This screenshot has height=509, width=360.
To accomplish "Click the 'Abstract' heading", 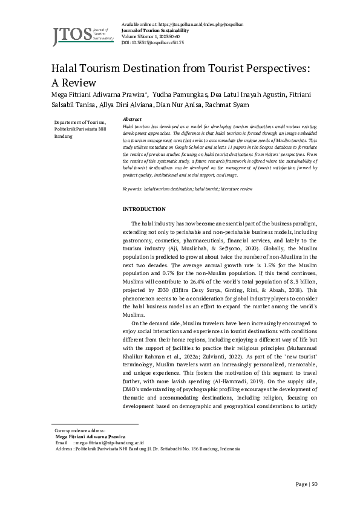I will (x=132, y=120).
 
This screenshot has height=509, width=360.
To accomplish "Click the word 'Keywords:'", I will (x=132, y=189).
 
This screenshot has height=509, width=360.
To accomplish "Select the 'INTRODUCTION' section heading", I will (x=144, y=209).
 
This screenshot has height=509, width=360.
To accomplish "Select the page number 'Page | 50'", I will (x=306, y=484).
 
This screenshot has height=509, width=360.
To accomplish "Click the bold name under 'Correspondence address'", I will (x=90, y=436).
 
